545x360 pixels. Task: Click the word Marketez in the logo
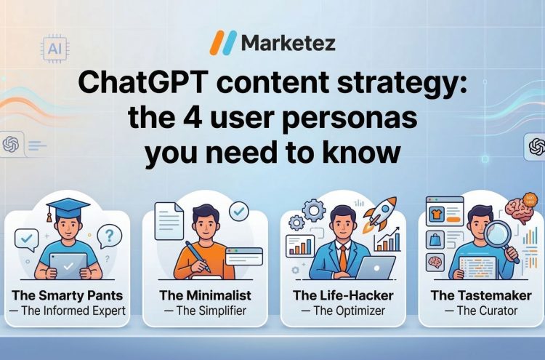tap(289, 44)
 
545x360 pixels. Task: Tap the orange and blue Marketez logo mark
tap(222, 43)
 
